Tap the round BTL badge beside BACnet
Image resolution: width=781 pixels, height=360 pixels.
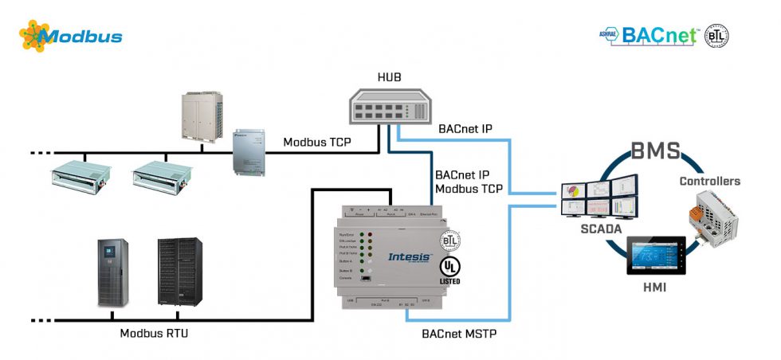716,36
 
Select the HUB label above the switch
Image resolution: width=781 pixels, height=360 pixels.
389,76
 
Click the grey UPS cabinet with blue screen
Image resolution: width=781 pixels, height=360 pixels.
112,273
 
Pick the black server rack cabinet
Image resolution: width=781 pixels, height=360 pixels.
178,272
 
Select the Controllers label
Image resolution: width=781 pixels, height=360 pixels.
709,181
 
